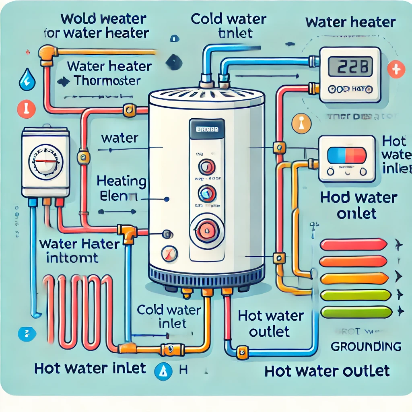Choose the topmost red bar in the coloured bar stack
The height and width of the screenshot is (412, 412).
pos(352,244)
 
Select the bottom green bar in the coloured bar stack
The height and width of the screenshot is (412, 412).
pos(356,312)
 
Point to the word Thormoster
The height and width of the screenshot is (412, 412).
pos(107,80)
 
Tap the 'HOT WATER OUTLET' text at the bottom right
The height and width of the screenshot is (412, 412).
pos(327,371)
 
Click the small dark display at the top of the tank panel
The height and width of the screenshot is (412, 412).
pos(207,130)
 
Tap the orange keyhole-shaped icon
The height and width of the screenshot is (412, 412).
pos(301,123)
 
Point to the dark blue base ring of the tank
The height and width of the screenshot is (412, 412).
pos(206,276)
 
